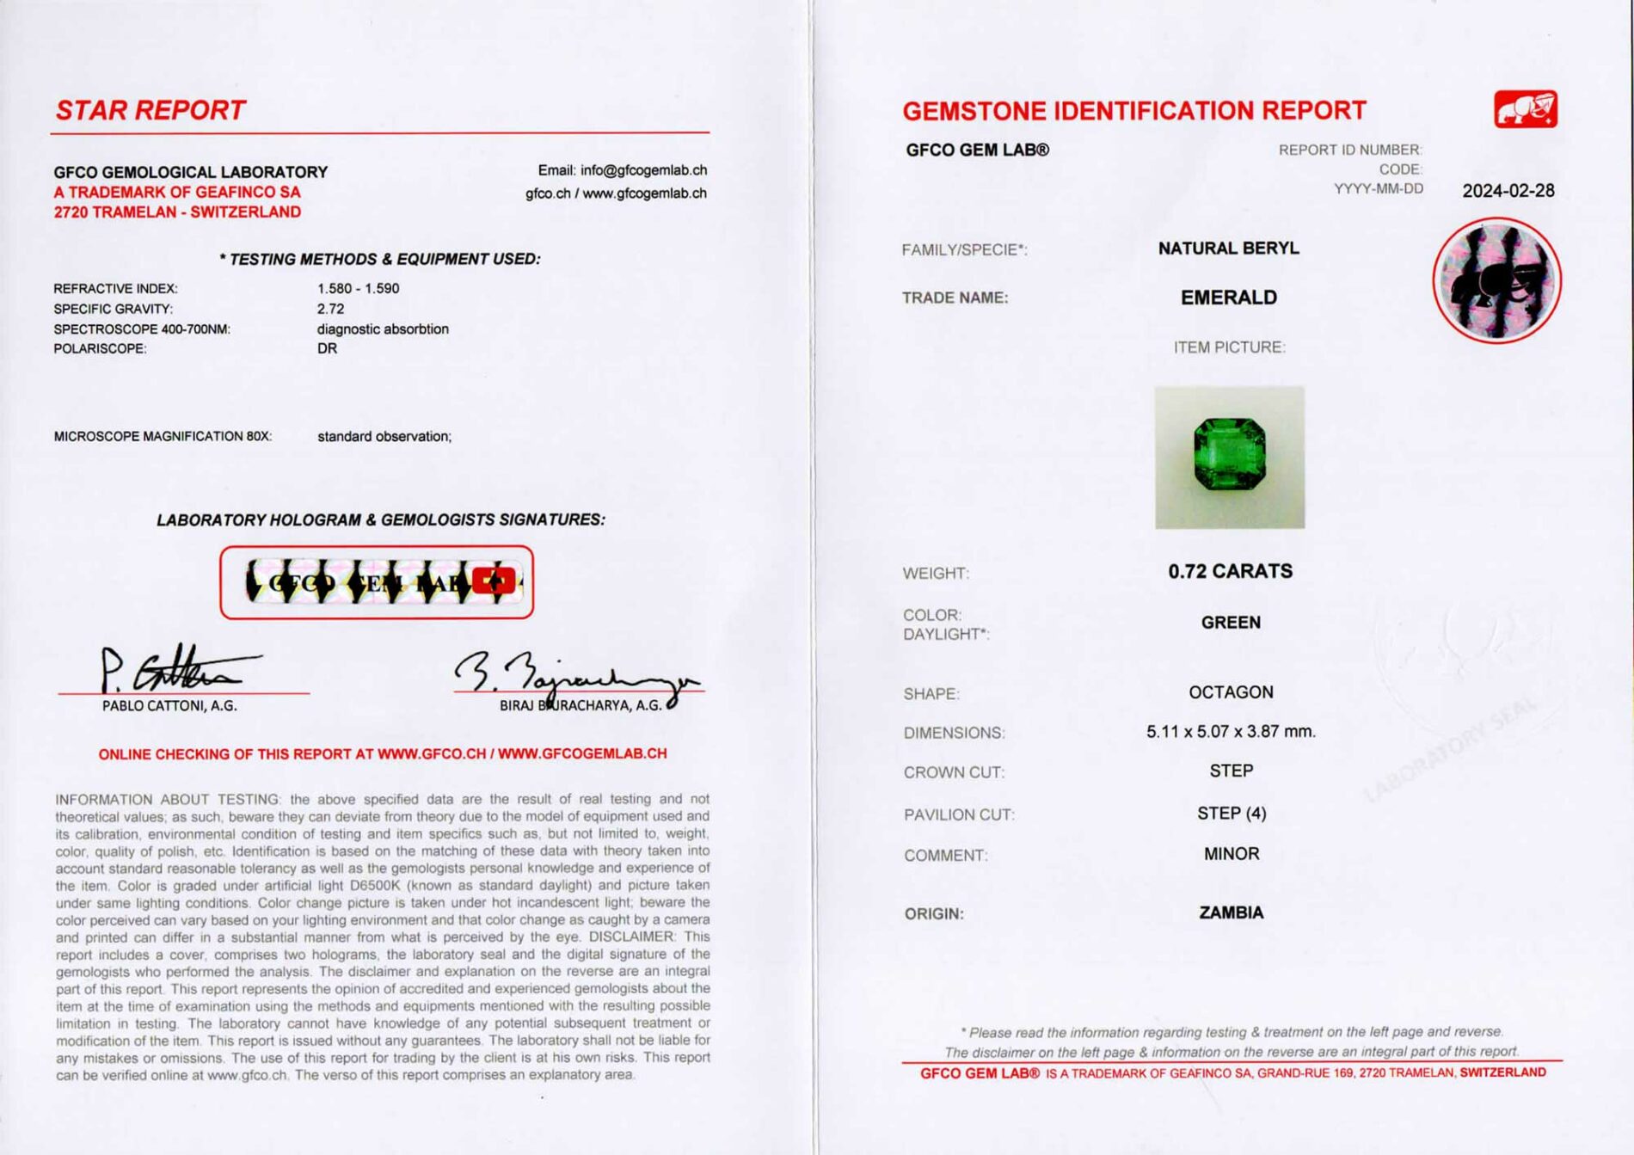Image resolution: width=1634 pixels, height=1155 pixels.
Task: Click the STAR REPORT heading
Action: click(x=150, y=110)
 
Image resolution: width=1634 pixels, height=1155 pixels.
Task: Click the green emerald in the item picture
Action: click(x=1229, y=454)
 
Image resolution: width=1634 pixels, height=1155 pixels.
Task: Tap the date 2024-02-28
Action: click(x=1508, y=191)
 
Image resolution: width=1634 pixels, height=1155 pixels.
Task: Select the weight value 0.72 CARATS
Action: click(x=1230, y=572)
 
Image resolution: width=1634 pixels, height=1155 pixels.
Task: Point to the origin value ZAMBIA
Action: click(x=1231, y=912)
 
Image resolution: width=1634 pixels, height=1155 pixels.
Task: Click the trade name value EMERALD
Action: click(x=1228, y=298)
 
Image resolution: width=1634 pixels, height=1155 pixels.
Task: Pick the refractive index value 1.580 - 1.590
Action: click(x=358, y=288)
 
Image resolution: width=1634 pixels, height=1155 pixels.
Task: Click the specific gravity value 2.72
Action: click(x=330, y=309)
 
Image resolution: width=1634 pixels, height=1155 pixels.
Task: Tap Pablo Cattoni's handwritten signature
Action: click(x=172, y=669)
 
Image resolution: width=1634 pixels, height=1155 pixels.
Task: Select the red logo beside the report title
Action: click(x=1525, y=109)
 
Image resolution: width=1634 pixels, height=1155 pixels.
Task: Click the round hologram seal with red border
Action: click(x=1496, y=280)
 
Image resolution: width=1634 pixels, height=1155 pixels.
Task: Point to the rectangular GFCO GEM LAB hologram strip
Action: click(x=377, y=582)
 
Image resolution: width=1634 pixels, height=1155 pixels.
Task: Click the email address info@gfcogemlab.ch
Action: click(x=643, y=170)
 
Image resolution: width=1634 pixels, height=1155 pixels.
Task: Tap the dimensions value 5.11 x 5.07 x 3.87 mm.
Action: click(x=1231, y=732)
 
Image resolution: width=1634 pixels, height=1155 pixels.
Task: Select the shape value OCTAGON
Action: click(x=1231, y=692)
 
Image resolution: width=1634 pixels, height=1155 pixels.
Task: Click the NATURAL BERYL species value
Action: click(x=1228, y=249)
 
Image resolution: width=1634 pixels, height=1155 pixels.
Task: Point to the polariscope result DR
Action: click(x=327, y=348)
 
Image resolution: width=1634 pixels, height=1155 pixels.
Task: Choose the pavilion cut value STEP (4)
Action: click(x=1232, y=814)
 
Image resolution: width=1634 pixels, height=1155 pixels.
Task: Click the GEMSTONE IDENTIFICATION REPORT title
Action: click(x=1133, y=111)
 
